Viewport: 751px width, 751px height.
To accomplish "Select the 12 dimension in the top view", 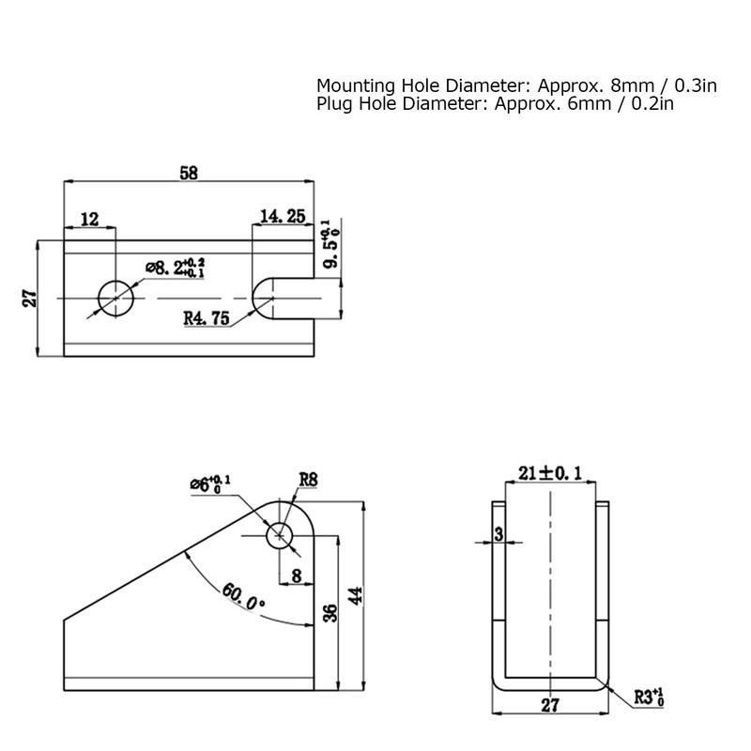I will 90,219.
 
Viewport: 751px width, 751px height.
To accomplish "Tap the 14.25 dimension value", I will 283,217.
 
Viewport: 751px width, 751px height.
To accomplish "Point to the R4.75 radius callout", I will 207,319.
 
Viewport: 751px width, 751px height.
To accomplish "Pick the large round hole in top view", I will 115,298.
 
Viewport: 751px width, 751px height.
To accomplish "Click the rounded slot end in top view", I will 263,298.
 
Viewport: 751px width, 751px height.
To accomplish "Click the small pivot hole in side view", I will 279,535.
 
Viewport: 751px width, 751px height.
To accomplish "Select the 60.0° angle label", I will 244,597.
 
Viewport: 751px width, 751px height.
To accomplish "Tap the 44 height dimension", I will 355,595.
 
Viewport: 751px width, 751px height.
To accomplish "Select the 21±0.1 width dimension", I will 549,472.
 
